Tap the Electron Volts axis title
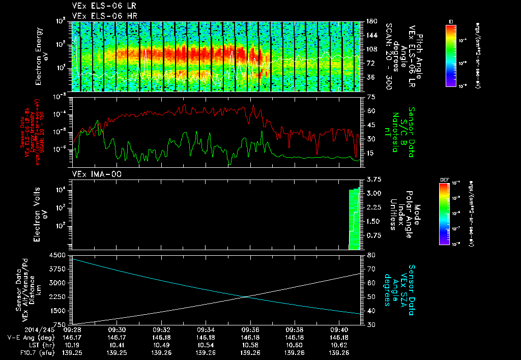40,214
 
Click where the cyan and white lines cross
246,296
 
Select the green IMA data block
354,219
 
